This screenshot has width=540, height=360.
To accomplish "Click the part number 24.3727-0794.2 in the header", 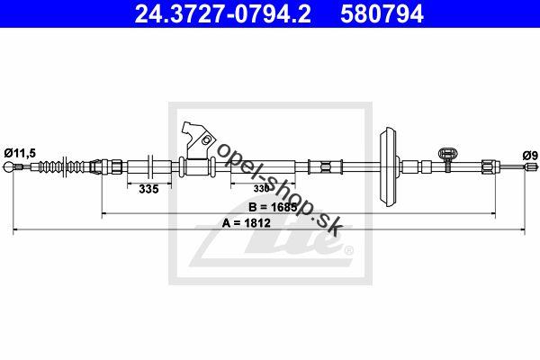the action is [223, 14].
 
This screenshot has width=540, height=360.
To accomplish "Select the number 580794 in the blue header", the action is [382, 14].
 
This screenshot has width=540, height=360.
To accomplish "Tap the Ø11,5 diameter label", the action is [20, 153].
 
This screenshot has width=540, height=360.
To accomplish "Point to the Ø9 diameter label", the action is [530, 156].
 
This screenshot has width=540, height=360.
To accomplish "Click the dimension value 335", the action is [148, 189].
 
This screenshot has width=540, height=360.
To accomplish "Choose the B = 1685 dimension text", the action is [273, 207].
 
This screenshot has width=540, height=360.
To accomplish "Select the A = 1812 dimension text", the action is [247, 223].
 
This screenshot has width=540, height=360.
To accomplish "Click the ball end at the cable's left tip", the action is [8, 167].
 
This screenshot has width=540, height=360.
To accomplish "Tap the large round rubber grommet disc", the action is [389, 166].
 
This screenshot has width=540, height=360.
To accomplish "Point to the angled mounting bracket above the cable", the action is [198, 141].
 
